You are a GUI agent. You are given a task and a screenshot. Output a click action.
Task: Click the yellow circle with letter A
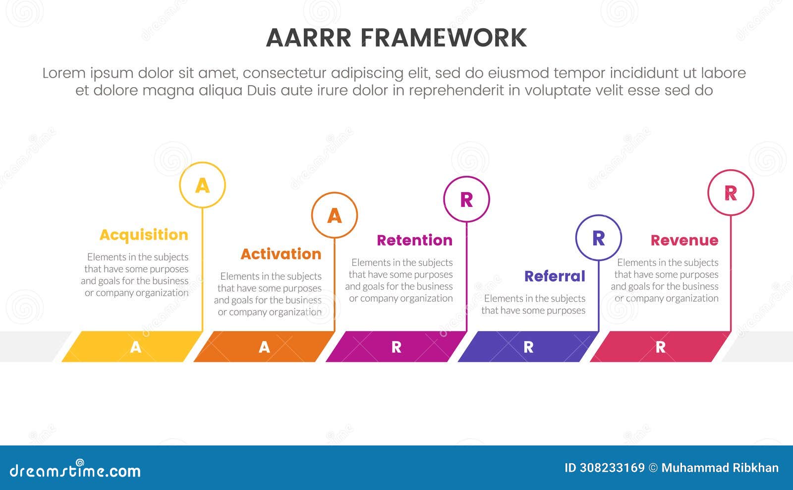[x=202, y=185]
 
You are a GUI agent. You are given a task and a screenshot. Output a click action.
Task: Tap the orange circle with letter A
[x=335, y=215]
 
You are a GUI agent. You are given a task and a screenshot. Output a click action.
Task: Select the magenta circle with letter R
[x=466, y=199]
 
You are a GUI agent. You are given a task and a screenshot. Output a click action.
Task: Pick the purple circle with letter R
[x=599, y=238]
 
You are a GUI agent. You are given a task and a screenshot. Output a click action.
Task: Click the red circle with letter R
[x=731, y=193]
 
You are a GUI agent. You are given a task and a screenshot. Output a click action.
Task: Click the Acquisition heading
[x=144, y=235]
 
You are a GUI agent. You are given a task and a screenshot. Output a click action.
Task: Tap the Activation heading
[x=281, y=254]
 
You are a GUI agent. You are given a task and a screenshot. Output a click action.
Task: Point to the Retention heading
[x=414, y=240]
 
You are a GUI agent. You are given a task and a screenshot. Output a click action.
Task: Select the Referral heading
[x=555, y=276]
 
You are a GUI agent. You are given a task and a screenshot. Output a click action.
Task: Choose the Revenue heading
[x=684, y=240]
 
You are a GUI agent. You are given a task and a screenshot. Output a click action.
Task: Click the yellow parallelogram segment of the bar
[x=132, y=346]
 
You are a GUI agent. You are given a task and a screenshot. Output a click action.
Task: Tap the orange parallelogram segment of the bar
[x=264, y=346]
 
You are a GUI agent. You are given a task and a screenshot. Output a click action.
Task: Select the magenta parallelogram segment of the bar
[x=396, y=346]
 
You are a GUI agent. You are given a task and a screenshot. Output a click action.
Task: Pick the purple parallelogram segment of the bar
[x=528, y=346]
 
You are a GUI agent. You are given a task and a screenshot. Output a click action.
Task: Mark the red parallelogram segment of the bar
[x=660, y=346]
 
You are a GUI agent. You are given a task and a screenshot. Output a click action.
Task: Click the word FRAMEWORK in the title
[x=443, y=38]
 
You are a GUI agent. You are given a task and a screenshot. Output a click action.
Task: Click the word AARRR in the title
[x=308, y=38]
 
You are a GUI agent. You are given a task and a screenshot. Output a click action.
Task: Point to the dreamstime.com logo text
[x=75, y=470]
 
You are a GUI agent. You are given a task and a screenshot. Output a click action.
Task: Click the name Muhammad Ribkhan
[x=720, y=468]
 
